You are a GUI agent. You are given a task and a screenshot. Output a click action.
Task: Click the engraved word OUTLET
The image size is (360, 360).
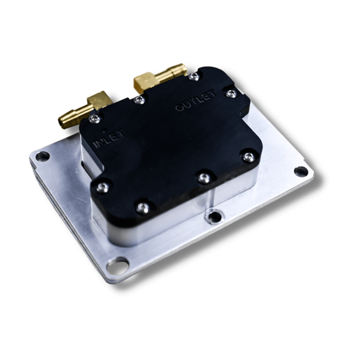click(x=195, y=101)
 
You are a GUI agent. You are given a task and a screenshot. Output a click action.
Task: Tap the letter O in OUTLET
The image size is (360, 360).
click(x=179, y=108)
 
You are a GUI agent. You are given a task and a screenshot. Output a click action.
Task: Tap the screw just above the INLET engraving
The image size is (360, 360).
click(x=95, y=119)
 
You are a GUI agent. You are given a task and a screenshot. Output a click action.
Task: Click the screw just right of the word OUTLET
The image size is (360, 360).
click(x=230, y=93)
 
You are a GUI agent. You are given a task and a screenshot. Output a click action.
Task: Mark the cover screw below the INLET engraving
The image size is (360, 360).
click(x=102, y=187)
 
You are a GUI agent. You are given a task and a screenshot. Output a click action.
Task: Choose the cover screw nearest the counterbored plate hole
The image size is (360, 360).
click(x=204, y=178)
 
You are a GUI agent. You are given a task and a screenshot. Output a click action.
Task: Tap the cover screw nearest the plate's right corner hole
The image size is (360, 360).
click(x=249, y=157)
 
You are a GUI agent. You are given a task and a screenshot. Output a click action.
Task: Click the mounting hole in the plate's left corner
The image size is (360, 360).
click(x=42, y=155)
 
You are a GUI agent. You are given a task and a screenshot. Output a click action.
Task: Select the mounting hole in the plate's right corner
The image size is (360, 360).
click(x=301, y=171)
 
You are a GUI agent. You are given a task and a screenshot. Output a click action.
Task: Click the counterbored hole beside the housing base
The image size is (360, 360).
click(x=214, y=217)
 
